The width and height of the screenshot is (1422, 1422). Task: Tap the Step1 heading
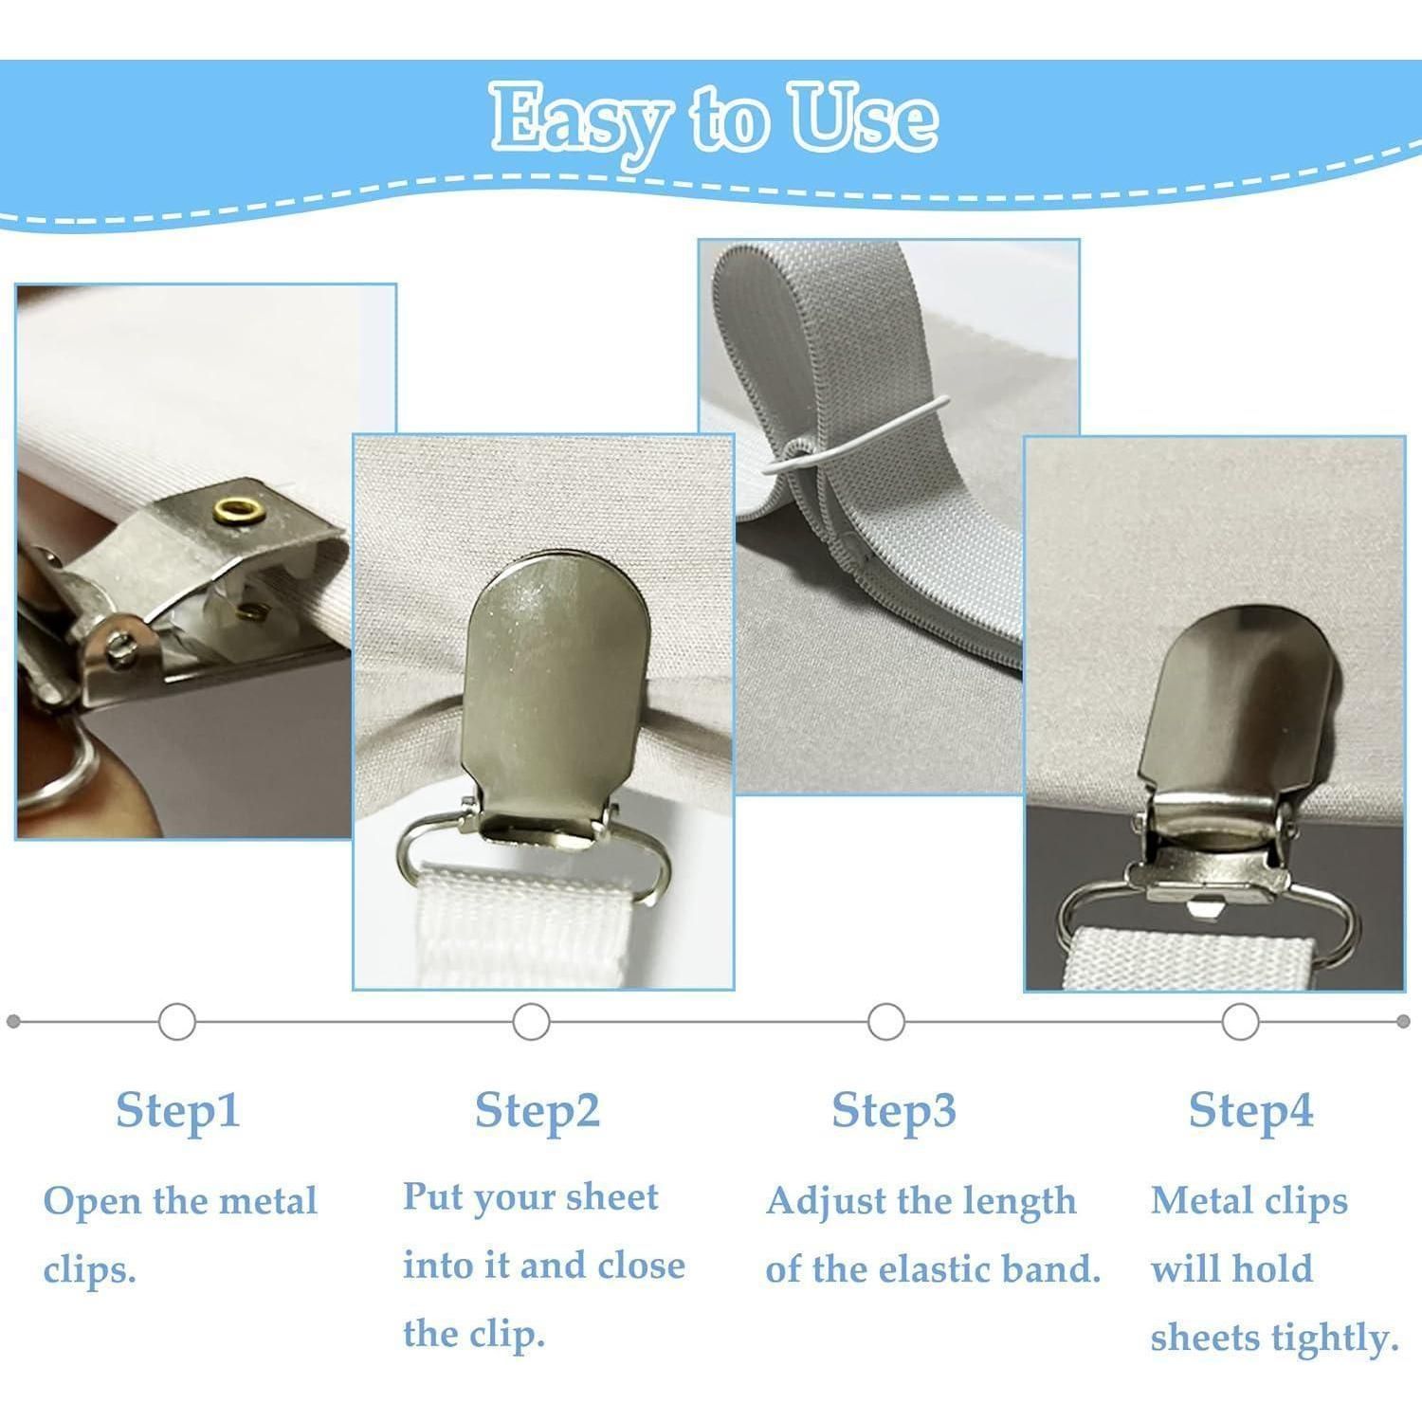click(178, 1110)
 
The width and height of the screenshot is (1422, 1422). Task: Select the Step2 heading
click(538, 1110)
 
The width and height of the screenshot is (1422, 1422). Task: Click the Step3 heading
click(894, 1110)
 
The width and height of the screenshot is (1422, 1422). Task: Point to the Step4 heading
click(1251, 1110)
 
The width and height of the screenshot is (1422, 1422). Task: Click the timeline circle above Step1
click(177, 1022)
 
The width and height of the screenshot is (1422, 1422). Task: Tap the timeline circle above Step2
click(531, 1022)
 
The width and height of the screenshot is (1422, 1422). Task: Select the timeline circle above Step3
click(885, 1022)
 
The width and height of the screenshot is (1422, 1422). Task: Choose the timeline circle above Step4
click(1240, 1022)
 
